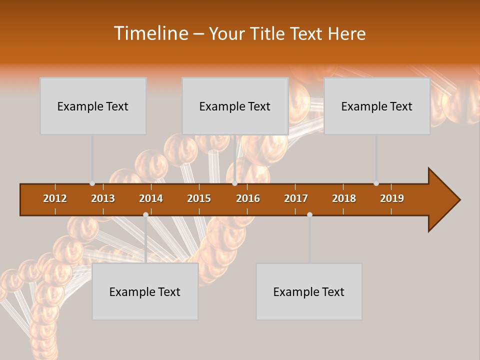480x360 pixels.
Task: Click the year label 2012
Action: tap(55, 198)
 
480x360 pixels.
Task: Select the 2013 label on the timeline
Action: tap(103, 198)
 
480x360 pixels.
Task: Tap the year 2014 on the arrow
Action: tap(151, 198)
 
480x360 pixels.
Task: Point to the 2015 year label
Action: tap(199, 198)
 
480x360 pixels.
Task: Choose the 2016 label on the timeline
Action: tap(248, 198)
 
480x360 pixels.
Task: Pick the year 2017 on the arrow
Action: tap(296, 198)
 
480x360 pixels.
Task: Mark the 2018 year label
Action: tap(344, 198)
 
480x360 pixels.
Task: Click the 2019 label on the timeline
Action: tap(392, 198)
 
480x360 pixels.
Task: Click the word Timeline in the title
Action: tap(150, 33)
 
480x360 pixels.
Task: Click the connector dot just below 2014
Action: tap(145, 214)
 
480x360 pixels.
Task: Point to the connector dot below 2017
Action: tap(309, 214)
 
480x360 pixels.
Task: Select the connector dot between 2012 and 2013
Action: tap(92, 183)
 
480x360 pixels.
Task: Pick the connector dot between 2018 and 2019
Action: tap(376, 183)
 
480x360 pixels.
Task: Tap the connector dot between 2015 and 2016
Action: tap(234, 183)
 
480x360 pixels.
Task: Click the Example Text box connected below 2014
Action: tap(145, 291)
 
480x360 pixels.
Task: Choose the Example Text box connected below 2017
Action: tap(309, 291)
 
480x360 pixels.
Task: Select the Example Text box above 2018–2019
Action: tap(377, 106)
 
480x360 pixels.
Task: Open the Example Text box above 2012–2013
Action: tap(93, 106)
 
